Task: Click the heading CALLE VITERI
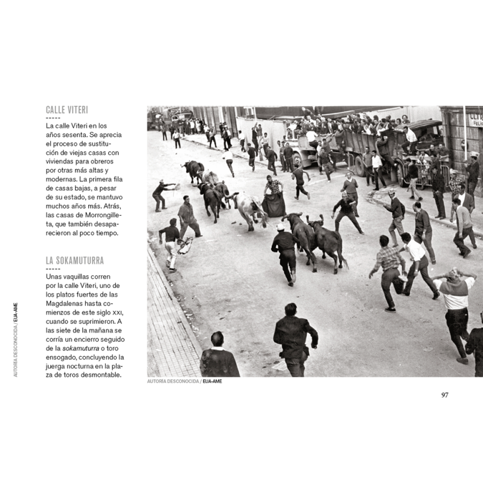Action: (x=67, y=110)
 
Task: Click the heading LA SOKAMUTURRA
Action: (x=75, y=261)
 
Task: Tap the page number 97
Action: (x=444, y=395)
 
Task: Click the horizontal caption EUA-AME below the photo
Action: (x=212, y=382)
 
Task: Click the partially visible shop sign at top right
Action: (x=475, y=119)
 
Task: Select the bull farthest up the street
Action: (x=194, y=170)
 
